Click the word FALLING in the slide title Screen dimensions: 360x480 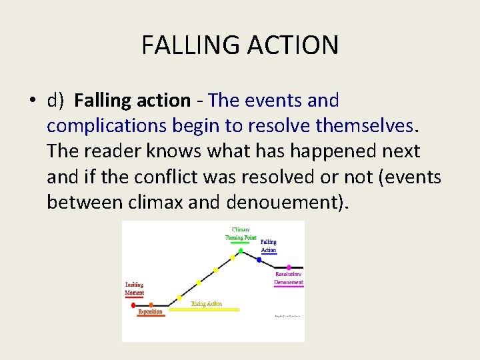[191, 45]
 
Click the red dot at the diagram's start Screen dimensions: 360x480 [133, 305]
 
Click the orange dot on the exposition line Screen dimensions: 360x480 [151, 305]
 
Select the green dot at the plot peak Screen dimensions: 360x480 [241, 251]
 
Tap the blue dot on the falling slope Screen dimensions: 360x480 [259, 259]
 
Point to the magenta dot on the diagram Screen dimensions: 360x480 [289, 267]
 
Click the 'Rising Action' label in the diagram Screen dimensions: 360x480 [206, 304]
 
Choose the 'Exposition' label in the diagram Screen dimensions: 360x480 [150, 311]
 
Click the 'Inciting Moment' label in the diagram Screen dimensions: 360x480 [134, 289]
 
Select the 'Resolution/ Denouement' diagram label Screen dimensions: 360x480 [289, 278]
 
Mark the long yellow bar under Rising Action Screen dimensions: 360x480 [204, 309]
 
